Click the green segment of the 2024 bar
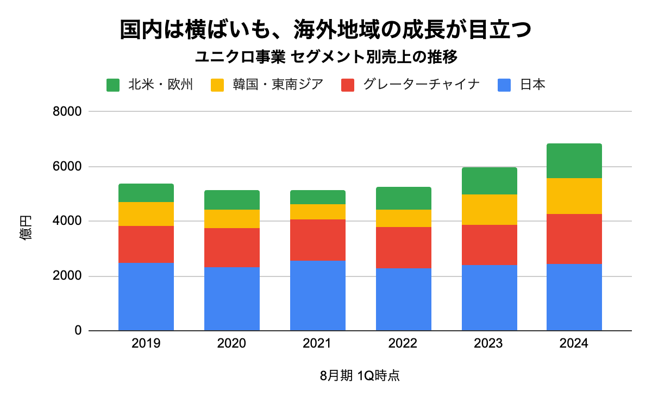coord(574,161)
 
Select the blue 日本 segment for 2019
coord(146,297)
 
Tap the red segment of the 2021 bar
coord(318,240)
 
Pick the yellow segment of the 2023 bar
coord(490,210)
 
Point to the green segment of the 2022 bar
coord(404,198)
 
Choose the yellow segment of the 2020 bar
coord(232,219)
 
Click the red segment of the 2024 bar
coord(574,239)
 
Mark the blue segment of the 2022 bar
coord(404,299)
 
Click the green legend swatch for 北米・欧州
coord(113,85)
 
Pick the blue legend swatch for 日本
coord(505,85)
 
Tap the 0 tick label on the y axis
coord(78,331)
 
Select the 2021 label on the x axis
coord(318,344)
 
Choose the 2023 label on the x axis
coord(490,344)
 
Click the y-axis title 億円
coord(26,228)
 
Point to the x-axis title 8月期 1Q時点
coord(360,376)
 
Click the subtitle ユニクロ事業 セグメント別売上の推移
coord(326,56)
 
